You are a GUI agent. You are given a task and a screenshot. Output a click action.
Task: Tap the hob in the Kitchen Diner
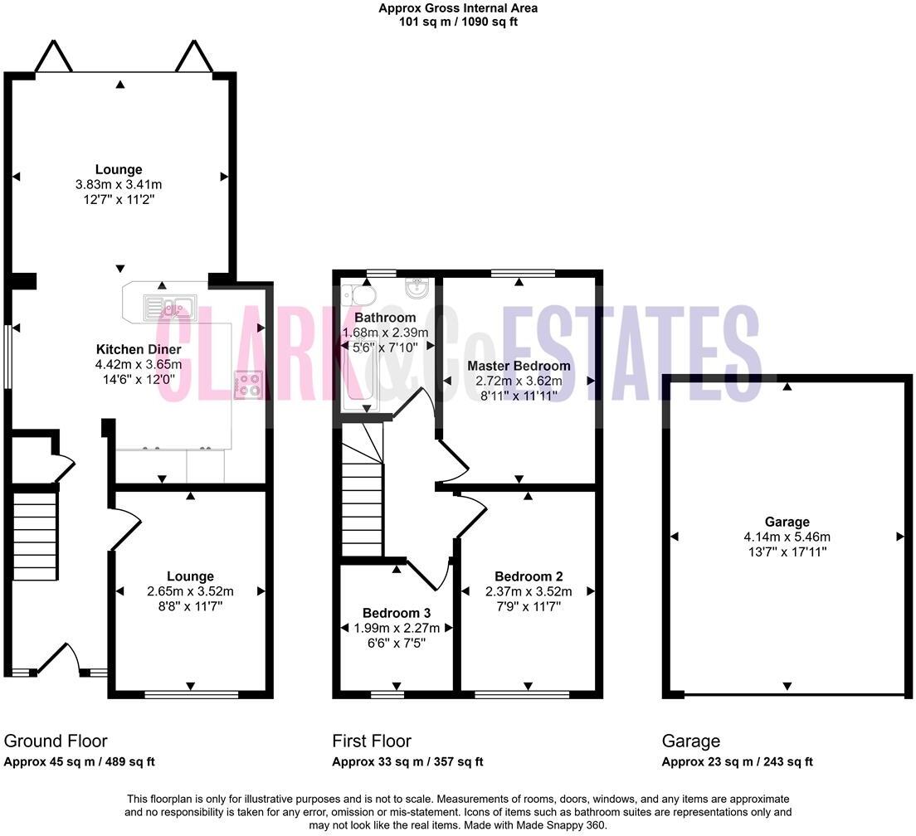248,385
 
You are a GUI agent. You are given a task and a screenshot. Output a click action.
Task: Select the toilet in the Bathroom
362,294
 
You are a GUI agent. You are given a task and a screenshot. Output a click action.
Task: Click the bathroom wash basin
416,289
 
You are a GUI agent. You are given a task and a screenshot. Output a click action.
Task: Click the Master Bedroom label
519,366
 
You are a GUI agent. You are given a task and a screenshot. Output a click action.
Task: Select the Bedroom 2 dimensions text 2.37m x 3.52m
529,591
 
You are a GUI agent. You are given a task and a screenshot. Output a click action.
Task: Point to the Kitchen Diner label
139,349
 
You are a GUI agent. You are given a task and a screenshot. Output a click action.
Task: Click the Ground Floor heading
56,741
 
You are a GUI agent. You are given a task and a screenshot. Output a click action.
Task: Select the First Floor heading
372,741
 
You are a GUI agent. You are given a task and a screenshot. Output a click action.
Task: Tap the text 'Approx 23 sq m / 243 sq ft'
737,761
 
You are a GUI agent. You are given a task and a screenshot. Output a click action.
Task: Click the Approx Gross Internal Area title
458,8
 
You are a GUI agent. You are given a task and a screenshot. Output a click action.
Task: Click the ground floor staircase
35,535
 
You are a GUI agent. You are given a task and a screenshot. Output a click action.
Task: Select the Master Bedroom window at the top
523,273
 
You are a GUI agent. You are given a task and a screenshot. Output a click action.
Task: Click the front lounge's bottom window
190,693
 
